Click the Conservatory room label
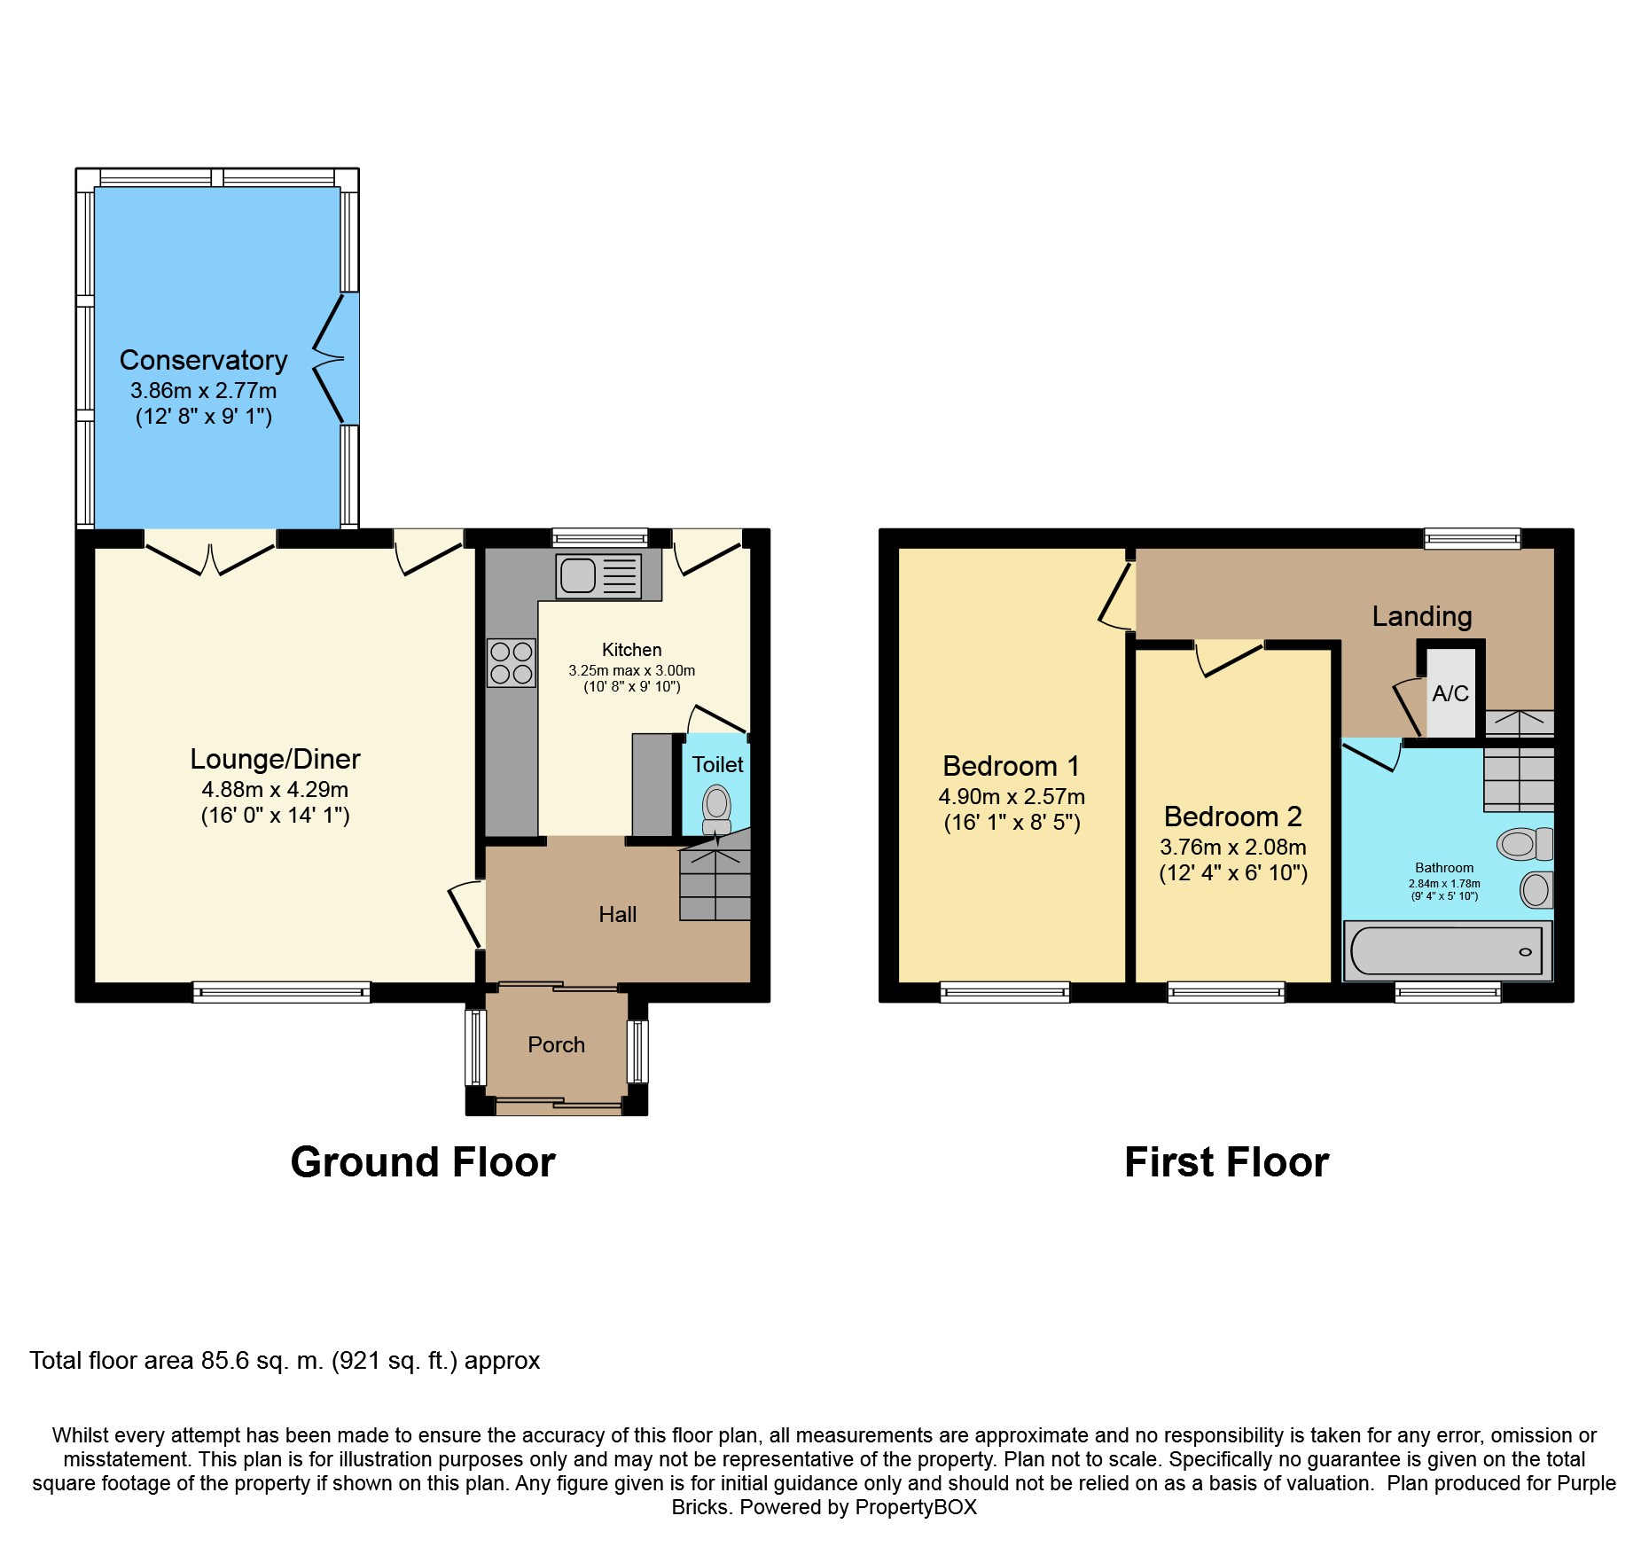(203, 360)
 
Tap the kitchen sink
(598, 575)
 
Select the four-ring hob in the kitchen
(512, 663)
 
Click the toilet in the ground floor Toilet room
(716, 810)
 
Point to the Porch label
(556, 1045)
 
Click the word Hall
(617, 914)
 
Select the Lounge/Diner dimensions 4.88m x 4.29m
(275, 789)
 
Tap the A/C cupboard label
(1450, 693)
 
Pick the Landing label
(1422, 616)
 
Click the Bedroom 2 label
(1232, 816)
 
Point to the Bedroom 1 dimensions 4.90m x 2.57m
(1012, 796)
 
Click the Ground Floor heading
(423, 1161)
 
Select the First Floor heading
(1226, 1161)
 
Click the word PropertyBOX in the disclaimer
(916, 1507)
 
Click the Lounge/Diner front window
(282, 992)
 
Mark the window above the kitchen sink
(600, 537)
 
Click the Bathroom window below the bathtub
(1448, 992)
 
